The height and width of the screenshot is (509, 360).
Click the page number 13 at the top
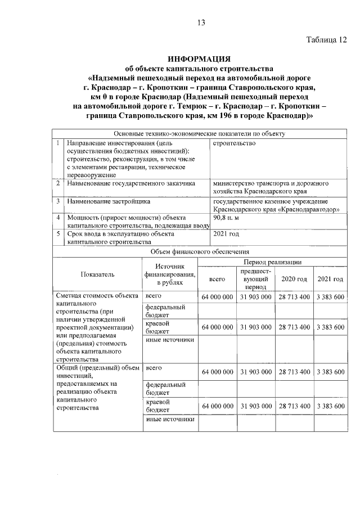tap(201, 22)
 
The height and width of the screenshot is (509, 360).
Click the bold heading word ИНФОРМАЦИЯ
tap(201, 58)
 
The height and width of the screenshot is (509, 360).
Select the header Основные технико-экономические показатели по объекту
tap(200, 134)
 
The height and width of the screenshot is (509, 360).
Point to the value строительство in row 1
tap(235, 143)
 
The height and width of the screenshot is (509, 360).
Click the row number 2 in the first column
tap(58, 183)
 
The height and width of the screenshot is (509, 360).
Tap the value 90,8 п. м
tap(227, 218)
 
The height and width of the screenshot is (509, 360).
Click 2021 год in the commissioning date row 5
tap(227, 233)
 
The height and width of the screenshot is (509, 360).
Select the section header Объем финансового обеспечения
tap(200, 252)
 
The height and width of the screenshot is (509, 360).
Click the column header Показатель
tap(97, 274)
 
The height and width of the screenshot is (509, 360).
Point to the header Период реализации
tap(272, 262)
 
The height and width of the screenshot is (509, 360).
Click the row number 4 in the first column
tap(58, 217)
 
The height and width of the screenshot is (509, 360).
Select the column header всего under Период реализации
tap(217, 279)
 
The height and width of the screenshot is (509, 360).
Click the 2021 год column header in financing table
tap(330, 279)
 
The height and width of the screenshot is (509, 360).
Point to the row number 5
tap(58, 233)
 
